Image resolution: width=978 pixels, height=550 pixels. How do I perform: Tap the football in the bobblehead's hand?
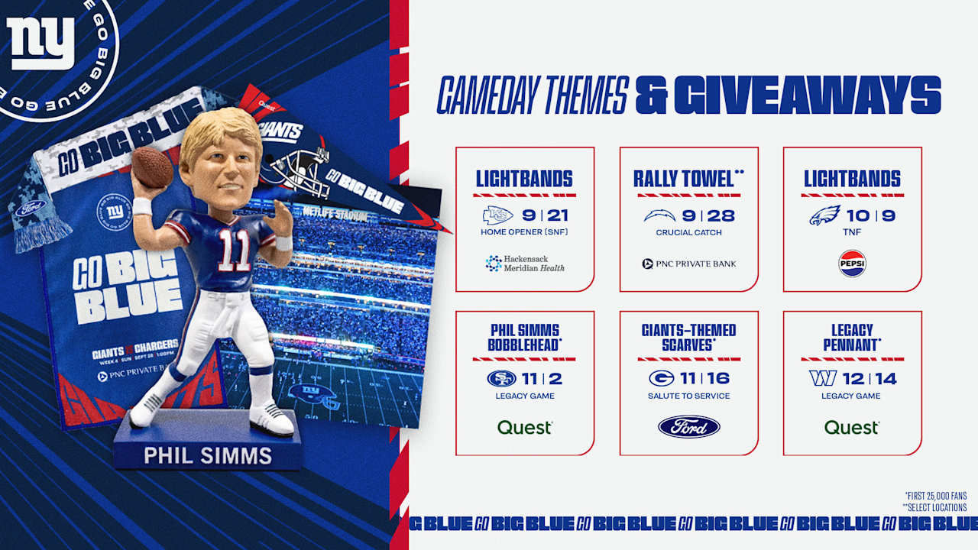pos(153,166)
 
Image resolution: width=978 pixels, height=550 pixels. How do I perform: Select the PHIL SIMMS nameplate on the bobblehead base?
pos(208,456)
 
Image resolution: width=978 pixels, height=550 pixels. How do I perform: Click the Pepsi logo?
pos(852,264)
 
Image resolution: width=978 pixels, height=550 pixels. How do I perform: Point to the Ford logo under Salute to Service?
pos(688,427)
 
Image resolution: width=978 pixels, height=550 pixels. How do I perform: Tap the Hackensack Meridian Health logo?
pos(525,264)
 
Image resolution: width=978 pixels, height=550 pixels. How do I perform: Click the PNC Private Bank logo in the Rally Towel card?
pos(688,264)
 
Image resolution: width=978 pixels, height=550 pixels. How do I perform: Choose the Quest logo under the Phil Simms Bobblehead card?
pos(525,427)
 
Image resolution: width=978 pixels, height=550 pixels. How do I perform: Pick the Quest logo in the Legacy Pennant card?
pos(852,427)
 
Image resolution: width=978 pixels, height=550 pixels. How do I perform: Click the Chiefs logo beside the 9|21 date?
pos(497,215)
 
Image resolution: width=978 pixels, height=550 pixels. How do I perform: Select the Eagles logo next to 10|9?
pos(824,215)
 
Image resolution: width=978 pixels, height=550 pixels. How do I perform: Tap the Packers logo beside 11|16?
pos(661,378)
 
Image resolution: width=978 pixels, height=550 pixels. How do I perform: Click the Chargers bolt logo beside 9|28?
pos(659,215)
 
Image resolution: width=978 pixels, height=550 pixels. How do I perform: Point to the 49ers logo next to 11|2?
pos(502,378)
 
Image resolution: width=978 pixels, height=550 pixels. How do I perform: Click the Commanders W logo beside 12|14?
pos(822,378)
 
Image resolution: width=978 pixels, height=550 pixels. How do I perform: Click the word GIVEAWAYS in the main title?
pos(807,96)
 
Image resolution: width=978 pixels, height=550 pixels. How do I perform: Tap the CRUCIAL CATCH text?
pos(688,233)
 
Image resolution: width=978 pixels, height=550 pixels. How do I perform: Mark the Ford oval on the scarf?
pos(31,208)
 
